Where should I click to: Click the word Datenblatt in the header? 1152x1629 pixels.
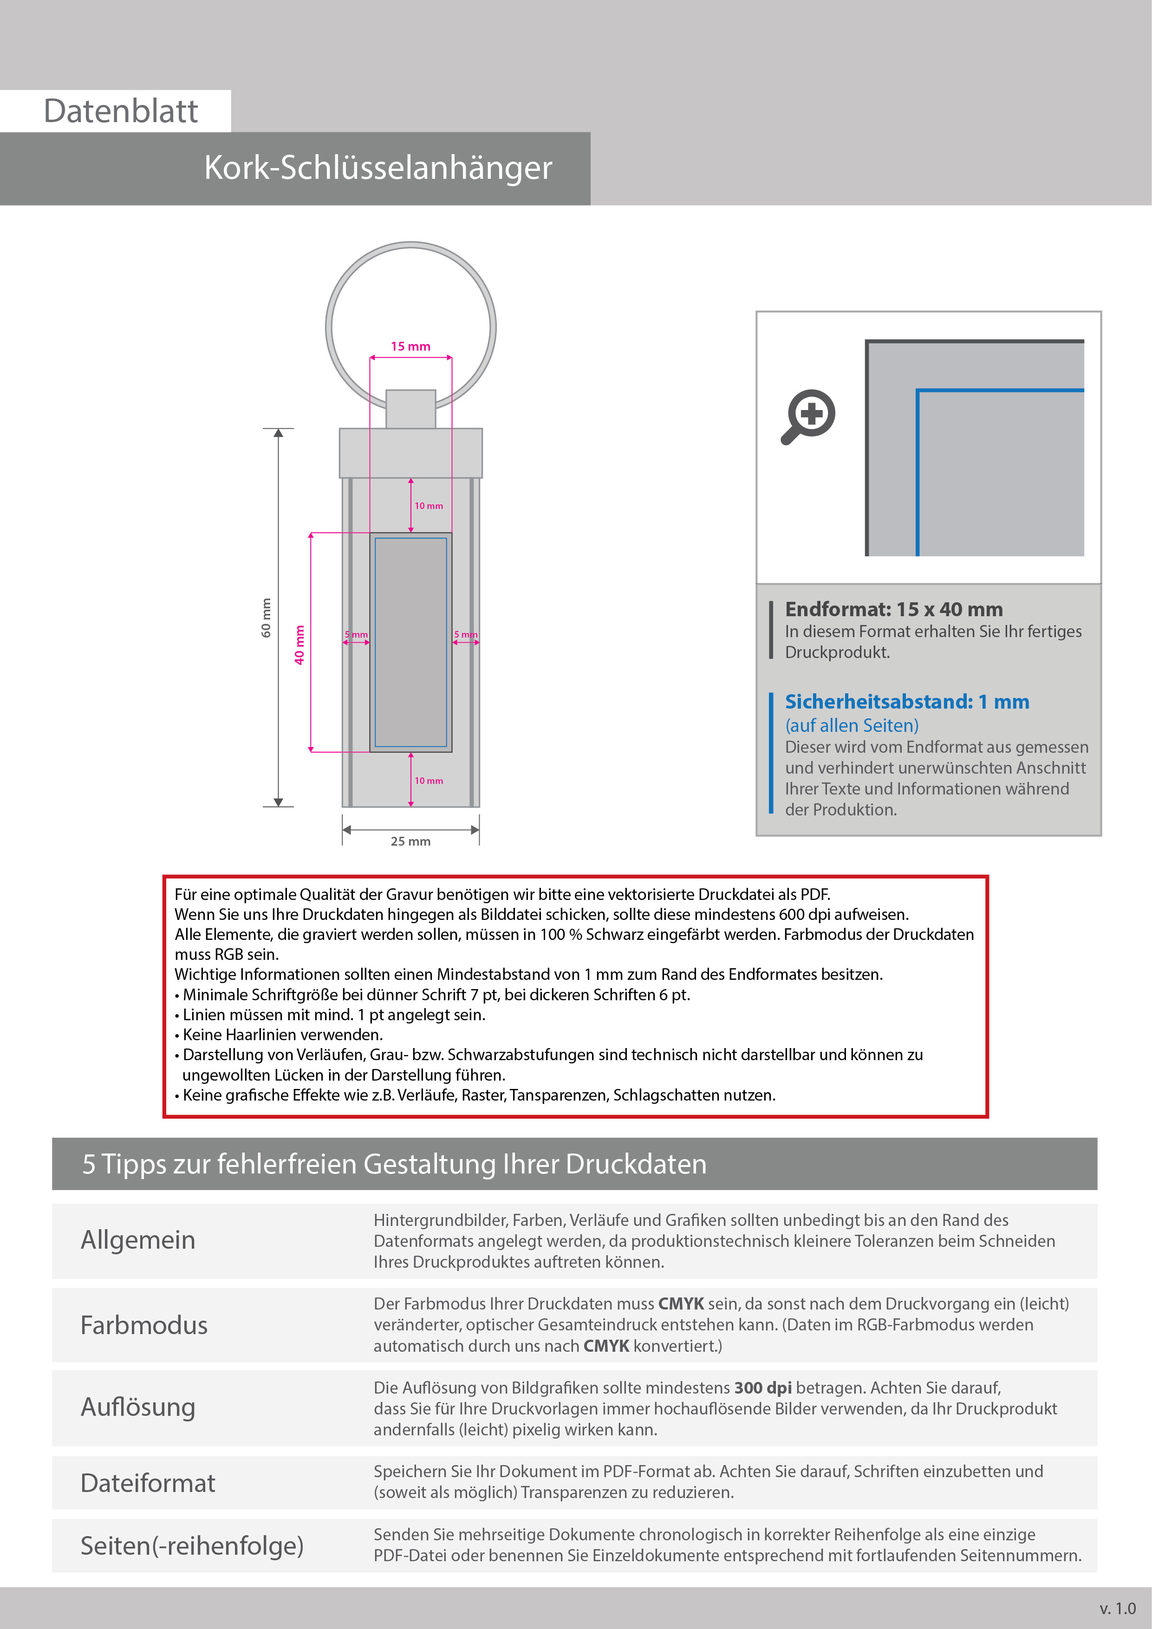point(121,111)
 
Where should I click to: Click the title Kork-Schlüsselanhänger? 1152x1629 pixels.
point(377,168)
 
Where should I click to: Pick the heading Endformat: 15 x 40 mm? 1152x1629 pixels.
point(893,609)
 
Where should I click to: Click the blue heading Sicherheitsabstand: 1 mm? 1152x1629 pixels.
point(906,702)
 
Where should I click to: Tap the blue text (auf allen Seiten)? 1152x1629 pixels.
point(851,725)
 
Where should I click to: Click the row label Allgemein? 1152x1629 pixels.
point(137,1239)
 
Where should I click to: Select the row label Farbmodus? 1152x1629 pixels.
point(144,1325)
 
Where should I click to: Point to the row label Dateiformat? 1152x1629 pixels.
point(148,1482)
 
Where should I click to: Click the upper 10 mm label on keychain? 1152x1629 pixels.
point(429,506)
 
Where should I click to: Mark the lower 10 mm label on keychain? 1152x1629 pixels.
point(429,781)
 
